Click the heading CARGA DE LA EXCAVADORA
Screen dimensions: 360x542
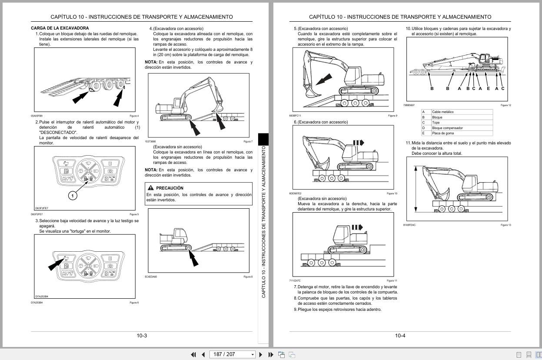[60, 28]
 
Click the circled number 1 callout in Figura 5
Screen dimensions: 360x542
[73, 196]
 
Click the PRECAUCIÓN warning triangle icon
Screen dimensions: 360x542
[150, 188]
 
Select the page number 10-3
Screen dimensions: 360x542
[142, 336]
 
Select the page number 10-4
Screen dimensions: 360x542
[400, 336]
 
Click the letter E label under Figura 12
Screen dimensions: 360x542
[488, 89]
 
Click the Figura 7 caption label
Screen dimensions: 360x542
[248, 141]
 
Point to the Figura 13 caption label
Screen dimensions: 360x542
[505, 225]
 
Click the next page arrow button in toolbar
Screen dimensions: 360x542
[261, 354]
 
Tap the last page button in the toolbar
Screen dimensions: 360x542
[271, 354]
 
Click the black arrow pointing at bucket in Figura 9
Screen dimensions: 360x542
[323, 80]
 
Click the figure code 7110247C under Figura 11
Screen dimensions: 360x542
[295, 281]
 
